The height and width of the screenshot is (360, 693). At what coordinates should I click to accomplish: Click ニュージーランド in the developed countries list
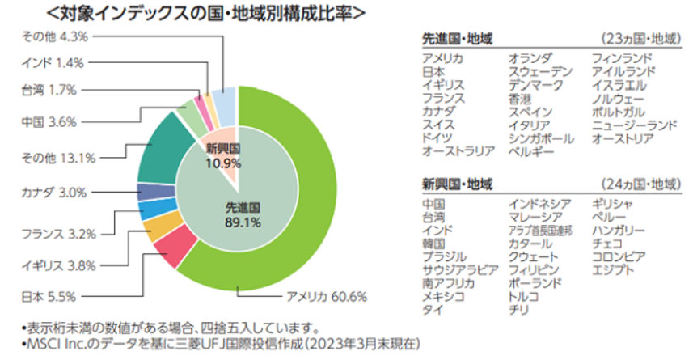(x=634, y=125)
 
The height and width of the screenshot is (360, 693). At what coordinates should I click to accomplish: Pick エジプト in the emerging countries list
(x=613, y=270)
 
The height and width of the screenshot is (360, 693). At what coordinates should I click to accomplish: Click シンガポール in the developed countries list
(x=541, y=138)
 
